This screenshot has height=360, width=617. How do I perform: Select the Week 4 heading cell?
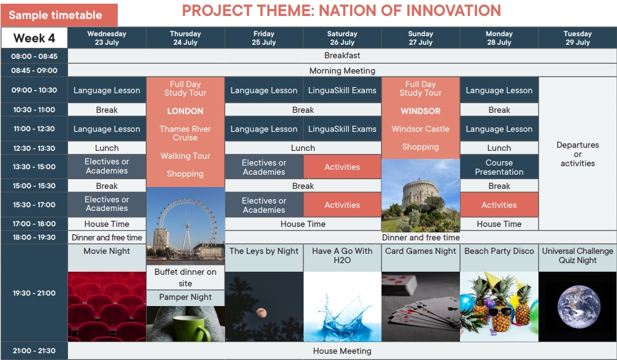click(x=34, y=38)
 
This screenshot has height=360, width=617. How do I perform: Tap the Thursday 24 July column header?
click(x=185, y=38)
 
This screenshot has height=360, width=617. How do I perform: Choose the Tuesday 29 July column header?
click(x=577, y=38)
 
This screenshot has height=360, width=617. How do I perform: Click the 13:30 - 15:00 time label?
click(x=34, y=166)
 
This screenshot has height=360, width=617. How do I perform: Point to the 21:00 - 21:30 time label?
click(x=34, y=351)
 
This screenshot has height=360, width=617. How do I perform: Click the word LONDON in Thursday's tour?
click(x=185, y=111)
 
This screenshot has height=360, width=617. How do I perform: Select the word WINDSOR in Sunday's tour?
click(x=421, y=111)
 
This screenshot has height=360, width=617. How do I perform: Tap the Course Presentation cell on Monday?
click(x=499, y=167)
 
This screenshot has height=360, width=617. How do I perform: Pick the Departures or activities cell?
click(x=578, y=154)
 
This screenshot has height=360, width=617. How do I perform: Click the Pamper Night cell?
click(x=185, y=297)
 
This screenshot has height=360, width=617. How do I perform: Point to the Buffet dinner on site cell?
click(x=185, y=277)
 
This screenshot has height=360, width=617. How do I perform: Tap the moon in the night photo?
click(x=261, y=313)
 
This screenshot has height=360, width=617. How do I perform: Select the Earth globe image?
click(x=578, y=307)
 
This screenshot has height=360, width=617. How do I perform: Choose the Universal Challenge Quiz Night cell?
click(x=578, y=256)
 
